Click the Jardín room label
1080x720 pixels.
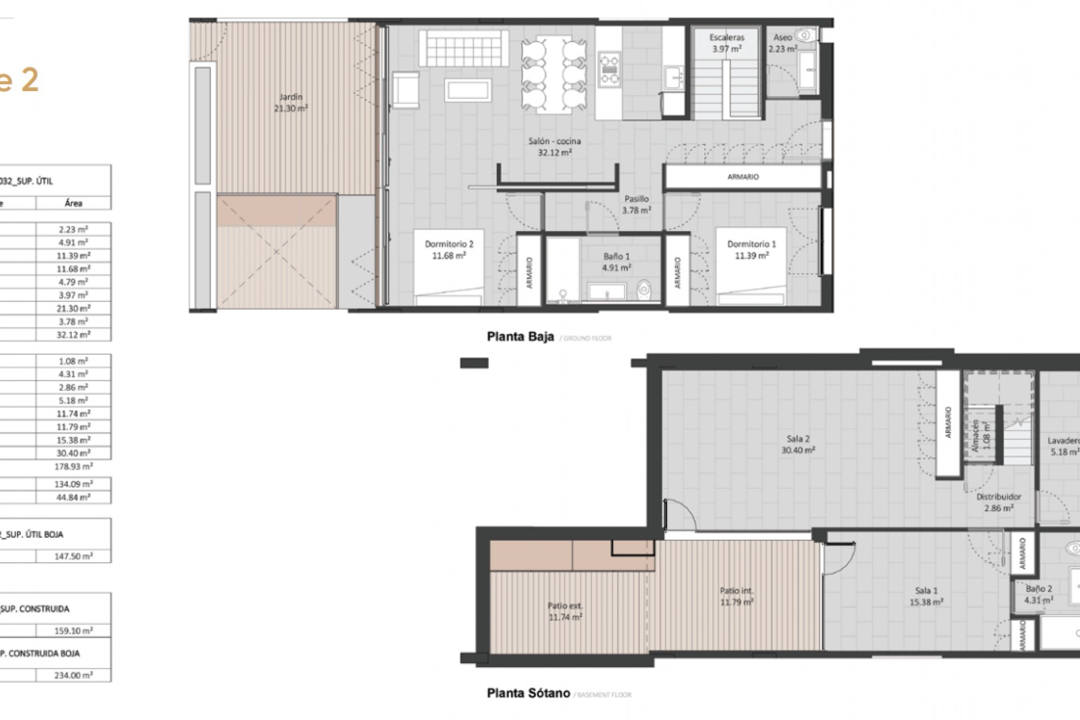(x=290, y=97)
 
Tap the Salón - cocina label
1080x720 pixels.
(x=554, y=141)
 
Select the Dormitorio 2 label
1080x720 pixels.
(x=449, y=244)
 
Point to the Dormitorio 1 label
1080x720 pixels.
(x=751, y=244)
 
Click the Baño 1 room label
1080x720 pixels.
(x=616, y=256)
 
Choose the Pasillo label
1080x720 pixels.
(x=636, y=199)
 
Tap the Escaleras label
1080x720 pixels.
(x=727, y=38)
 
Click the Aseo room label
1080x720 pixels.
(x=782, y=38)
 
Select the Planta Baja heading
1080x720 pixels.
(x=520, y=337)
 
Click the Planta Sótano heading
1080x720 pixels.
(x=528, y=694)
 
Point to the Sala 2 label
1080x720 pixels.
(x=798, y=439)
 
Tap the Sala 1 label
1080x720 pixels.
(x=926, y=591)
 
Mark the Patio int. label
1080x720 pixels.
(x=736, y=591)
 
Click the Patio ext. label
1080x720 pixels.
(x=565, y=606)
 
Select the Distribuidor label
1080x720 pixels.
(x=998, y=497)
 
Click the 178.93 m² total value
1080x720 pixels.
(x=73, y=466)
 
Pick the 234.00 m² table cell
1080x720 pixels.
(x=73, y=675)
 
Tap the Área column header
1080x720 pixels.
(x=73, y=203)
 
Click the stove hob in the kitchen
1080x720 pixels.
(x=609, y=69)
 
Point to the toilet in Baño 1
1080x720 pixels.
(x=644, y=290)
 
